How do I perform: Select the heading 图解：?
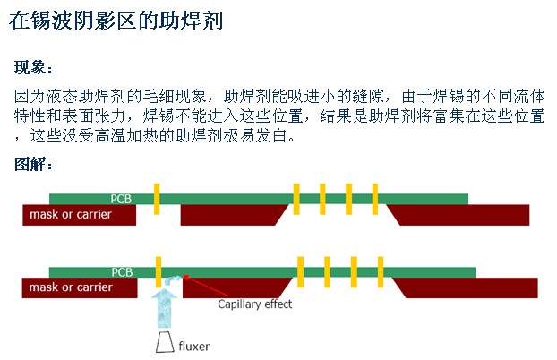coord(35,165)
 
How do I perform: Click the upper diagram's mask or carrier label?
coord(71,215)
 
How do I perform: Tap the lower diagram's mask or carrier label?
coord(71,288)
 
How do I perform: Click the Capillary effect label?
coord(255,304)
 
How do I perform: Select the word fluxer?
coord(194,345)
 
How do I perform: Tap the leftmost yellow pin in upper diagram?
coord(156,198)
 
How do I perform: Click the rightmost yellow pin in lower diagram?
coord(381,270)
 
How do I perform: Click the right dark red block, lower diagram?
coord(466,288)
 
